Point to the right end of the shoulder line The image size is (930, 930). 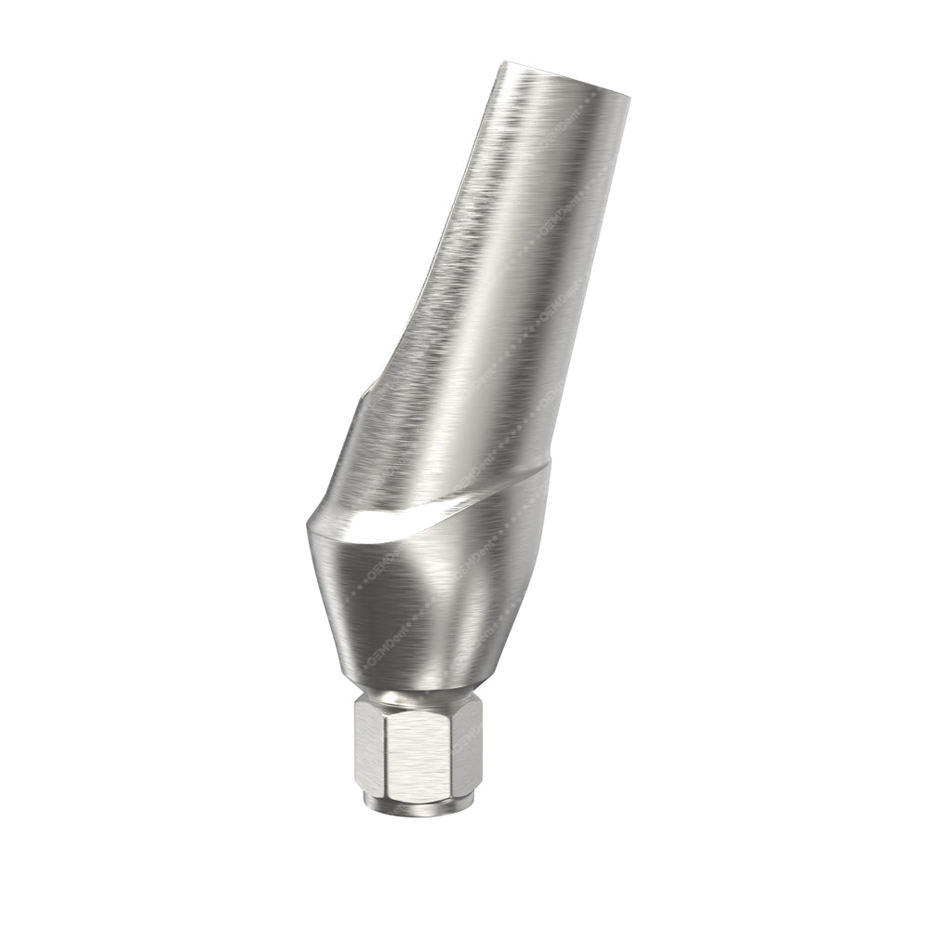coord(549,465)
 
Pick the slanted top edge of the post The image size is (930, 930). coord(565,79)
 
